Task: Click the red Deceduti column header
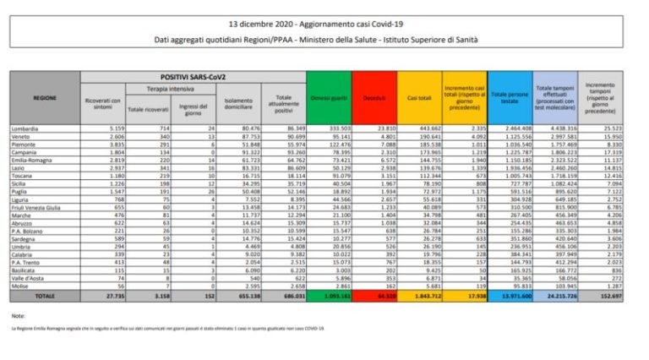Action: click(x=373, y=97)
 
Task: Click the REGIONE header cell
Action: click(x=45, y=97)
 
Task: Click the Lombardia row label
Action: click(x=26, y=128)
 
